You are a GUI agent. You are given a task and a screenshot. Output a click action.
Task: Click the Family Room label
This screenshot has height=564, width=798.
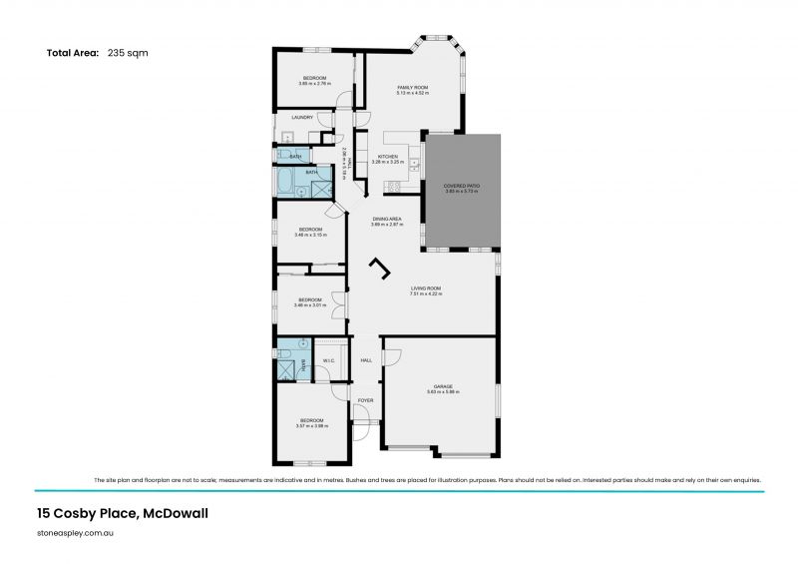coord(413,88)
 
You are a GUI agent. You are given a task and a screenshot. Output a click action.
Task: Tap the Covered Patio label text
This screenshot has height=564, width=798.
coord(461,186)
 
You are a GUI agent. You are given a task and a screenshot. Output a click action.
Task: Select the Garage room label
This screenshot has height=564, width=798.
coord(442,386)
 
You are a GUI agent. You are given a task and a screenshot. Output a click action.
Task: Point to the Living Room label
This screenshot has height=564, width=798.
coord(425,288)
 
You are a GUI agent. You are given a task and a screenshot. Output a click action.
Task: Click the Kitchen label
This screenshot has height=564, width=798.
coord(387,157)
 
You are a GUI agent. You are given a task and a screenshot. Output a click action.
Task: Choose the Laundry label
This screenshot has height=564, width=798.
coord(302,117)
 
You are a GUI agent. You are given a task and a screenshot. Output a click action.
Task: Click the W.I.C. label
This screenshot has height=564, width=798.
coord(328,360)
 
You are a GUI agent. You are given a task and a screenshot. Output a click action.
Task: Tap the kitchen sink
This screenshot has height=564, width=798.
coord(413,158)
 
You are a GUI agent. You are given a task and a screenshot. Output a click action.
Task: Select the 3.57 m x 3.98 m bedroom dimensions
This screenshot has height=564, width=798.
coord(312,426)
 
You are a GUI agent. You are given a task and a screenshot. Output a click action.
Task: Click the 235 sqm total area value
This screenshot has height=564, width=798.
coord(129,53)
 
